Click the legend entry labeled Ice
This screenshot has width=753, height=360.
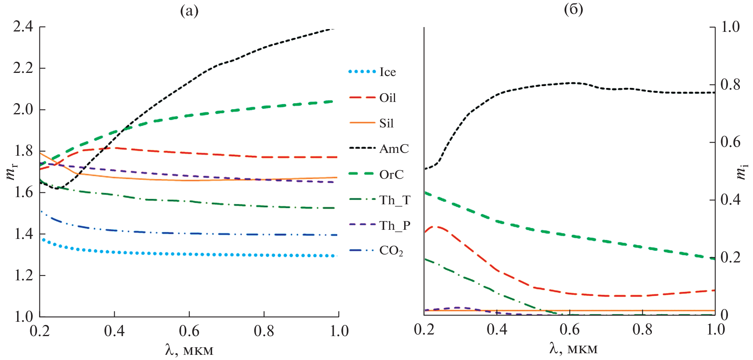coord(387,72)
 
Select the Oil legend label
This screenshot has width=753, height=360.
coord(387,98)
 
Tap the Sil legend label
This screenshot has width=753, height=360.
coord(386,123)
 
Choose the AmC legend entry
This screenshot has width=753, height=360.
coord(393,149)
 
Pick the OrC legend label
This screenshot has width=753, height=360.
coord(391,175)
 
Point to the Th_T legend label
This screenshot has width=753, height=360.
coord(394,200)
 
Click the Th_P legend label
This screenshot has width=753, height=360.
coord(394,226)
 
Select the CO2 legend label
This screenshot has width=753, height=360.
coord(391,251)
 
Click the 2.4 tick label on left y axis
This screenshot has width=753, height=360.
coord(23,27)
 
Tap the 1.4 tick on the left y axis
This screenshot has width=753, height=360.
coord(23,234)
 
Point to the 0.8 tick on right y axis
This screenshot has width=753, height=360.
coord(730,84)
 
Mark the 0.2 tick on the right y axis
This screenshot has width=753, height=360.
coord(730,257)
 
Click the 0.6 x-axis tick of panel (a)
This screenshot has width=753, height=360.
coord(189,331)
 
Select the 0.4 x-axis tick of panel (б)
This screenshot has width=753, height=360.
coord(497,329)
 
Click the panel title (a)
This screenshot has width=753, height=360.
coord(189,11)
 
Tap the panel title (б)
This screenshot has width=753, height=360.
coord(573,10)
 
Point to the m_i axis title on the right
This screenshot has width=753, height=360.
coord(741,171)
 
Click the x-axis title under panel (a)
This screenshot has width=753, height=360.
coord(189,350)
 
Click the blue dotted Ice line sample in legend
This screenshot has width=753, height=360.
coord(362,72)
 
